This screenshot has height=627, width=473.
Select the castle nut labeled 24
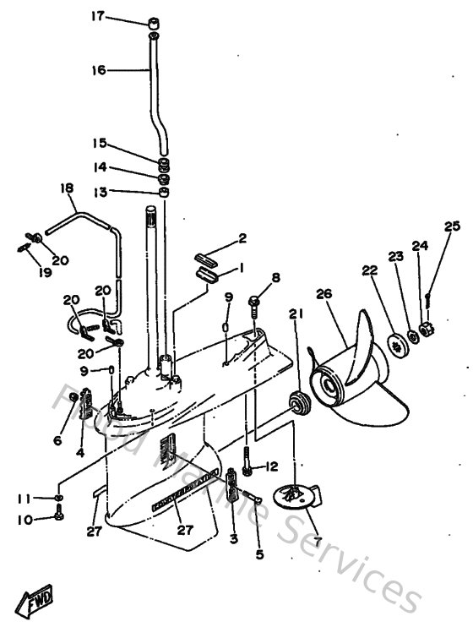coord(427,328)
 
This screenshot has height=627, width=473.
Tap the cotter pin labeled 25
coord(430,296)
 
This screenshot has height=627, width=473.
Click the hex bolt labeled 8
coord(253,301)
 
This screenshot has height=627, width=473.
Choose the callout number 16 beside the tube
coord(99,70)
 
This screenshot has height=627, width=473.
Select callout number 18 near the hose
coord(67,187)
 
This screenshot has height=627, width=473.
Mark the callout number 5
coord(259,554)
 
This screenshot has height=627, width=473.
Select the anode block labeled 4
coord(85,410)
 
